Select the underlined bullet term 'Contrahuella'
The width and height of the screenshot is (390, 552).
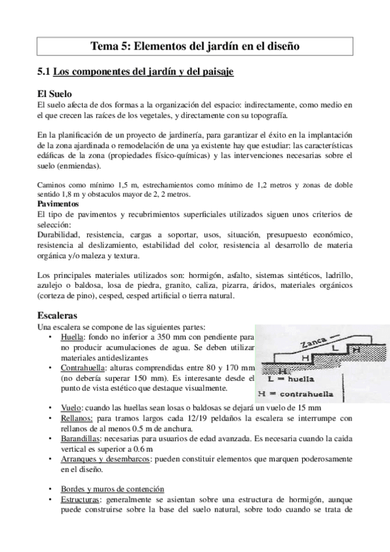tap(83, 368)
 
